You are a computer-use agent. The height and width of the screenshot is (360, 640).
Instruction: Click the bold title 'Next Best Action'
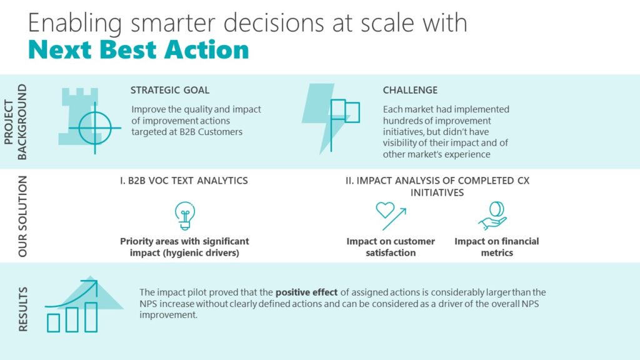[x=138, y=50]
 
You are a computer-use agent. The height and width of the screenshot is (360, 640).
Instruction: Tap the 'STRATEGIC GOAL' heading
[x=170, y=90]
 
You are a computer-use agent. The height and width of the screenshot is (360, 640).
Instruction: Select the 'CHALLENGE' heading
[x=410, y=90]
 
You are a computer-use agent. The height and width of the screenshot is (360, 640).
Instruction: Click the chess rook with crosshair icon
[x=89, y=121]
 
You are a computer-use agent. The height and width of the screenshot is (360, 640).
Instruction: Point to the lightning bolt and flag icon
[x=331, y=118]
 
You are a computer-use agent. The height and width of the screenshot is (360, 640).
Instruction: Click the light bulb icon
[x=185, y=216]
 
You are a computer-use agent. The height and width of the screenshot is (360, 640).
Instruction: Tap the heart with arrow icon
[x=391, y=216]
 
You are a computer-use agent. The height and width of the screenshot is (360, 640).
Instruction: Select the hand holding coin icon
[x=493, y=216]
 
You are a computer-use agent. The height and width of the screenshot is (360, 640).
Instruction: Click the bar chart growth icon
[x=83, y=304]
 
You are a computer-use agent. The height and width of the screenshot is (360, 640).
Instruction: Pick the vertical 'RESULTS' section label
[x=23, y=309]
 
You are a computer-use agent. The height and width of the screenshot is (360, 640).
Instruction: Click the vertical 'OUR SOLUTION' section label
[x=22, y=216]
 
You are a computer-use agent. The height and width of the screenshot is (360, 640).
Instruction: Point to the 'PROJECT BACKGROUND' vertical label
[x=15, y=122]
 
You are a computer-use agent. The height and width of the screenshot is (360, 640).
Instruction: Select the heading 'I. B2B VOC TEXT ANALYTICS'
[x=184, y=181]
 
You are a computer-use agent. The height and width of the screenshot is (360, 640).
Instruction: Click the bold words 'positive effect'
[x=306, y=292]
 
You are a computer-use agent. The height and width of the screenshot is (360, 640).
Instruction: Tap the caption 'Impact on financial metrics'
[x=497, y=247]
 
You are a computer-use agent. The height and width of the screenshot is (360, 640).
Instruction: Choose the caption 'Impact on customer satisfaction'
[x=391, y=247]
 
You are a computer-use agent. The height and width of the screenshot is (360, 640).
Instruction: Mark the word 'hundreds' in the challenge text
[x=401, y=121]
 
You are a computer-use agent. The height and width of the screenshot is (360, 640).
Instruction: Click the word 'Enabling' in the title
[x=75, y=23]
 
